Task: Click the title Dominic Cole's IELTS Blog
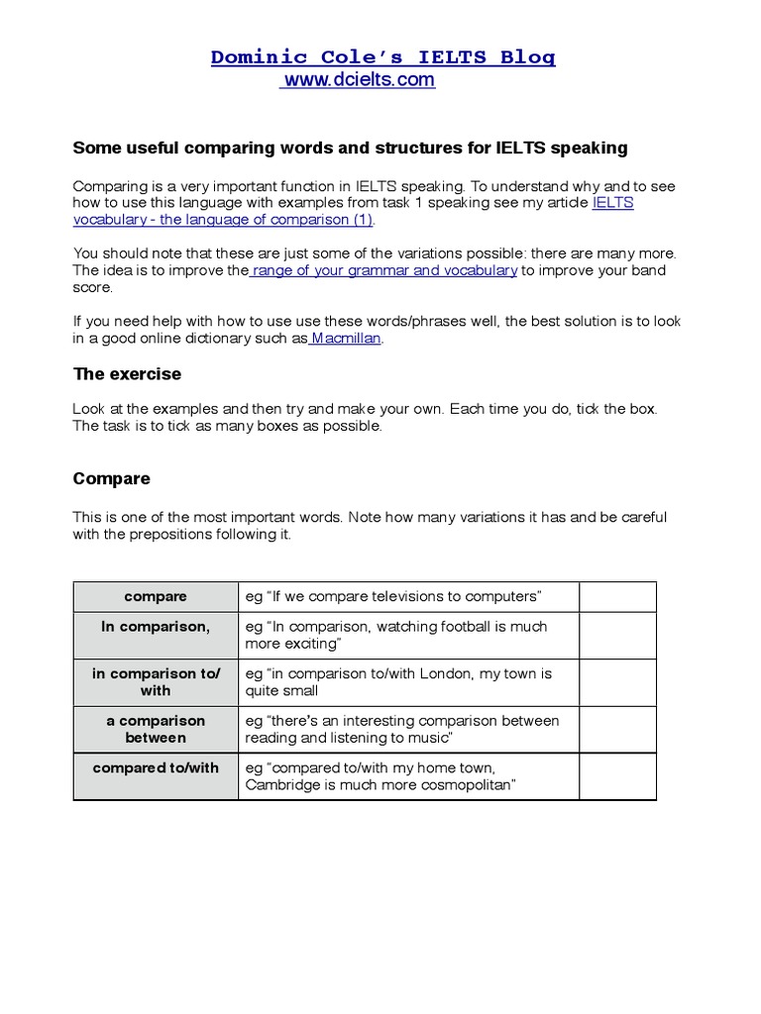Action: tap(382, 57)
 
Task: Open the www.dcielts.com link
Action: tap(359, 80)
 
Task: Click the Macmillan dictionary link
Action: tap(346, 338)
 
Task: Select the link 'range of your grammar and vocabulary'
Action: tap(384, 270)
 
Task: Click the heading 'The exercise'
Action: tap(127, 375)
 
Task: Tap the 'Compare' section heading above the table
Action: tap(112, 478)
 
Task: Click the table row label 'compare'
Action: tap(156, 596)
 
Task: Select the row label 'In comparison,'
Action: tap(156, 627)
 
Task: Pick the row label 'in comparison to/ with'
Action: tap(156, 682)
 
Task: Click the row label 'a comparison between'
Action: tap(156, 730)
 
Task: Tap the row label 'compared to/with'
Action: tap(156, 768)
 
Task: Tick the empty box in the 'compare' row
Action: tap(617, 596)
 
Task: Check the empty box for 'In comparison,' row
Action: tap(617, 636)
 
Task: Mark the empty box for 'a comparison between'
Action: tap(617, 730)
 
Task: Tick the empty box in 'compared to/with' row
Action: tap(617, 776)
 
